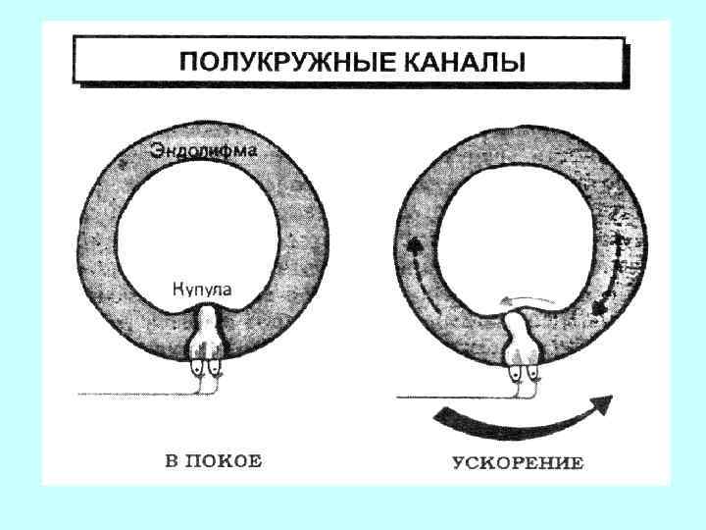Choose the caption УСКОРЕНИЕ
519,462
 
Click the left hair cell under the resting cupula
199,368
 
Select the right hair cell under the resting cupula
216,368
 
